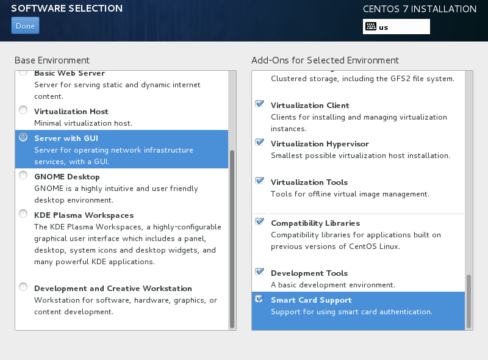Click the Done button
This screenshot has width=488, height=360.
click(25, 26)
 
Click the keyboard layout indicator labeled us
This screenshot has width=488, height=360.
click(396, 27)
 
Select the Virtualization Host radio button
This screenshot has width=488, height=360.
click(23, 110)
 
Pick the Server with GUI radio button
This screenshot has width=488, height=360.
click(23, 137)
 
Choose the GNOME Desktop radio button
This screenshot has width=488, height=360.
click(23, 176)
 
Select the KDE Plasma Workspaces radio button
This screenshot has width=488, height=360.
click(23, 214)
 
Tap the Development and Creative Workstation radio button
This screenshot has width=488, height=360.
click(23, 287)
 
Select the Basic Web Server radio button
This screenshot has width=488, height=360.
click(23, 73)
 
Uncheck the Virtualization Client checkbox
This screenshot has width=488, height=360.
click(259, 104)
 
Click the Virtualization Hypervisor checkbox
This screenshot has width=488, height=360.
click(259, 143)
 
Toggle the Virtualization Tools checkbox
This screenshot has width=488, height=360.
click(259, 181)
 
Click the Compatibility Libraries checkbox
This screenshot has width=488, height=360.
click(259, 222)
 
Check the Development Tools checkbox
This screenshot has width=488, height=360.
click(259, 272)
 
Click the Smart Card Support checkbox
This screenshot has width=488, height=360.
click(259, 299)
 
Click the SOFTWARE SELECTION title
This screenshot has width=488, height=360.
click(66, 9)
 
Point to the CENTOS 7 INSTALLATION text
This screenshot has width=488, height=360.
click(420, 9)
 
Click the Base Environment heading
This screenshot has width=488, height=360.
click(52, 60)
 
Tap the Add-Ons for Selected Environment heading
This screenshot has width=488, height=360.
click(325, 60)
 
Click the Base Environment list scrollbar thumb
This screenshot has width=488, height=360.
click(232, 238)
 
